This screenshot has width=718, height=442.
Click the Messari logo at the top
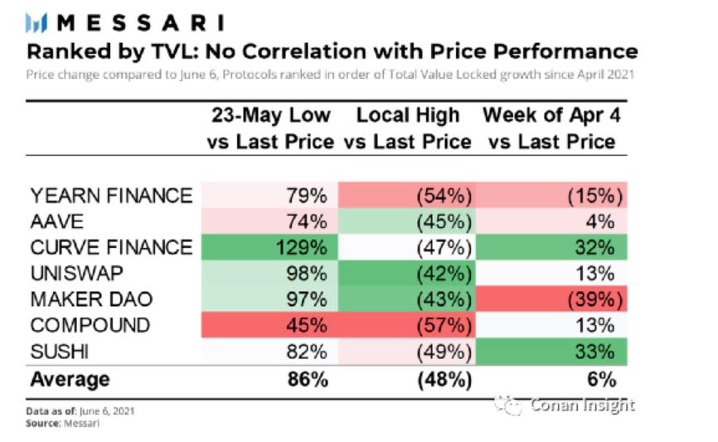coord(125,22)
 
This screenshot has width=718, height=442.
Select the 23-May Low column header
coord(270,128)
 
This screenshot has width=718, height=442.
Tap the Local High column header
coord(407,128)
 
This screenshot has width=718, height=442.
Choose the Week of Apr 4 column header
coord(551,128)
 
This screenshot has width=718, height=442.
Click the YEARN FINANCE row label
coord(111,196)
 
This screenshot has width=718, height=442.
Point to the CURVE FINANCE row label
coord(111,247)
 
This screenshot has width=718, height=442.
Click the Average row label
coord(70,379)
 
